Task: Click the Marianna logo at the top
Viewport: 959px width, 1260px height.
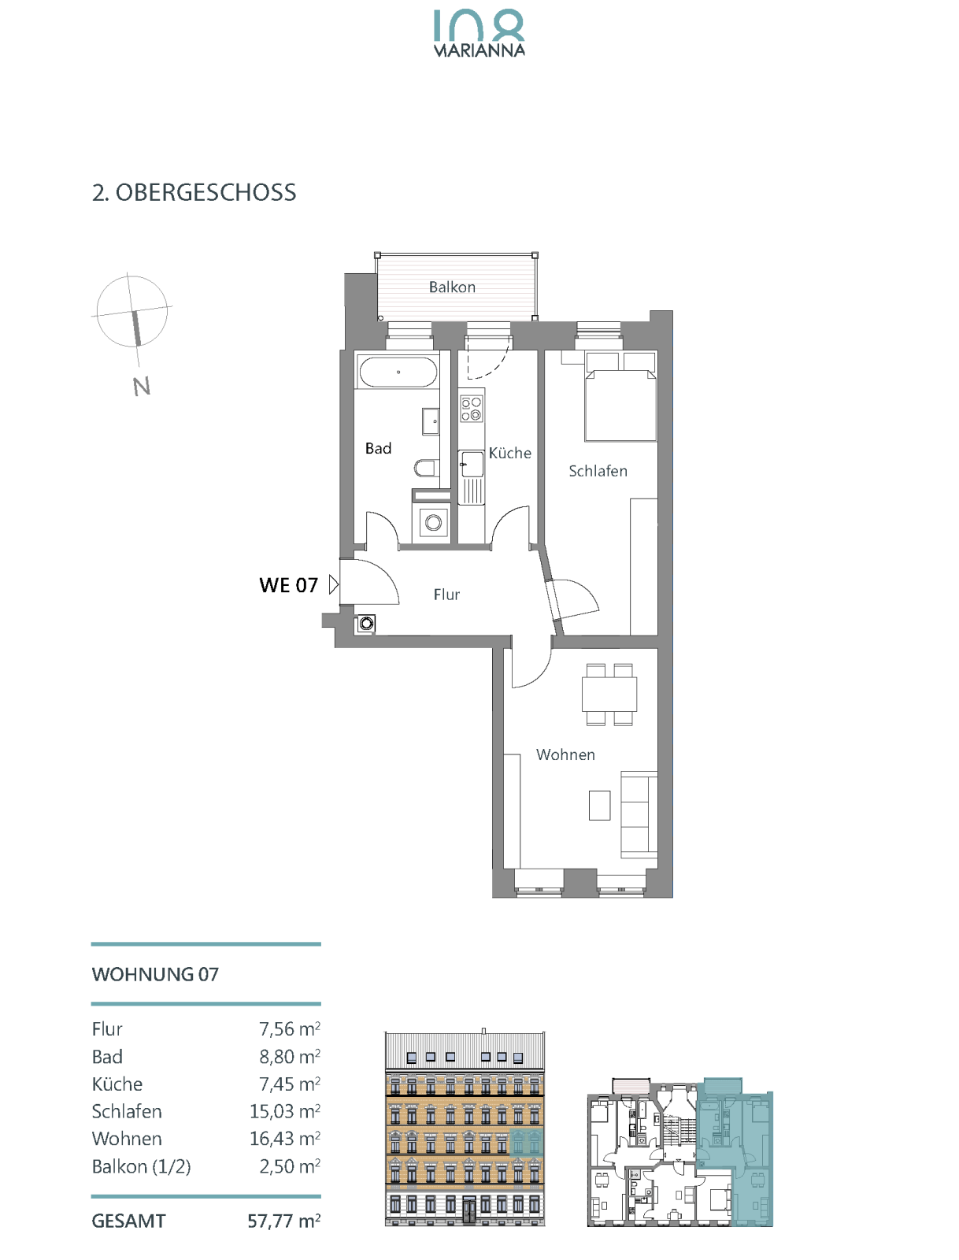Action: [479, 33]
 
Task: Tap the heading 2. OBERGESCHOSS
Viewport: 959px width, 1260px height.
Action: [194, 192]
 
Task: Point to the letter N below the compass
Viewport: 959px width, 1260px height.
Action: [141, 386]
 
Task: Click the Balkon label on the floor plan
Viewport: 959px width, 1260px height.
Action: [452, 287]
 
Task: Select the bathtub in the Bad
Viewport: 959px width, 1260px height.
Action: [398, 372]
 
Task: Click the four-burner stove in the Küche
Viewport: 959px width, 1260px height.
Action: [471, 408]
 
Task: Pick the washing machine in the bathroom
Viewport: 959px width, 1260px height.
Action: [433, 522]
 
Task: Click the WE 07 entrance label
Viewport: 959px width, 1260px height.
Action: [289, 585]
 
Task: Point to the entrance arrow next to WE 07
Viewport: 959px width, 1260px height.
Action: [333, 585]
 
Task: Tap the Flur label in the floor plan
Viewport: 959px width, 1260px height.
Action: [446, 594]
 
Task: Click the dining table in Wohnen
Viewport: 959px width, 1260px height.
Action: [609, 694]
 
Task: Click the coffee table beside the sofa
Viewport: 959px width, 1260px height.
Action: [599, 805]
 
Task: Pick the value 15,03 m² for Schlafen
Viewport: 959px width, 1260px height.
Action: [285, 1111]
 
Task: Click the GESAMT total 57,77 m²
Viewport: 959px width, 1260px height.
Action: [284, 1221]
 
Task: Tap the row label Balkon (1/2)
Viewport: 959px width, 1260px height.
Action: [141, 1166]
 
